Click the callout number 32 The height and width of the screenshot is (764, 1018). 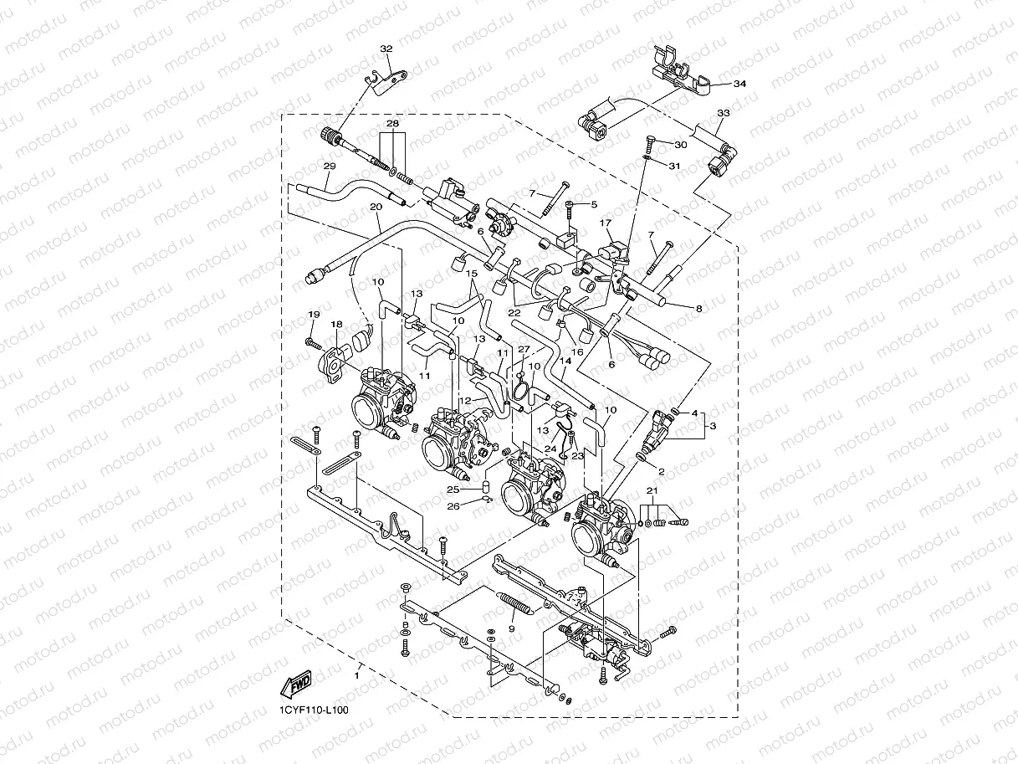point(386,49)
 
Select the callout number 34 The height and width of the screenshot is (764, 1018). point(739,85)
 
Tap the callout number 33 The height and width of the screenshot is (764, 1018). point(724,113)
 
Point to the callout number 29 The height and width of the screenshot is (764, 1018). point(330,167)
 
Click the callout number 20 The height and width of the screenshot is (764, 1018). point(376,207)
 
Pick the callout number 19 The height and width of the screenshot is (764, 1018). point(314,315)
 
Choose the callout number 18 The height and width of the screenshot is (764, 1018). point(336,325)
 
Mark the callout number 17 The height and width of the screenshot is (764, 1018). point(606,223)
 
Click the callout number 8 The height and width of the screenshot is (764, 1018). point(698,310)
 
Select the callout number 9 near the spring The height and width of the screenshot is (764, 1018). point(511,628)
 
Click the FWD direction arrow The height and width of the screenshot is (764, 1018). point(296,686)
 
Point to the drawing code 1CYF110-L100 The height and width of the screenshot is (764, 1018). point(315,710)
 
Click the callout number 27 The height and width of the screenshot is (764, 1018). point(524,349)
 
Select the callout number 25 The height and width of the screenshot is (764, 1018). point(453,489)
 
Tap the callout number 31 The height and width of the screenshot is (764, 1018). point(675,166)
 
